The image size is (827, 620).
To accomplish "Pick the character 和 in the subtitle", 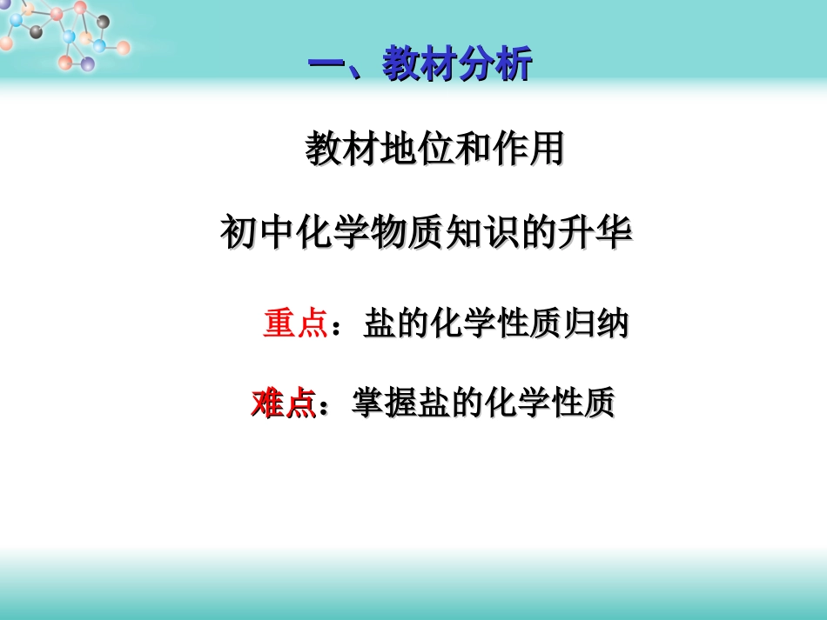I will click(464, 150).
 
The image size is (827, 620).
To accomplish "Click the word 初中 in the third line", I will click(253, 233).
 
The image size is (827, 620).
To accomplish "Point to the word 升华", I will click(601, 233).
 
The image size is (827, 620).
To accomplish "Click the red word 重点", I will click(294, 324).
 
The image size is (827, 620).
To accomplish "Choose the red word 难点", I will click(282, 403).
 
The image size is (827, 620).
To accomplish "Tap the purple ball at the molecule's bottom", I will click(87, 63).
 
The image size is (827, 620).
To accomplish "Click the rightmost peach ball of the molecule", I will click(124, 47).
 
